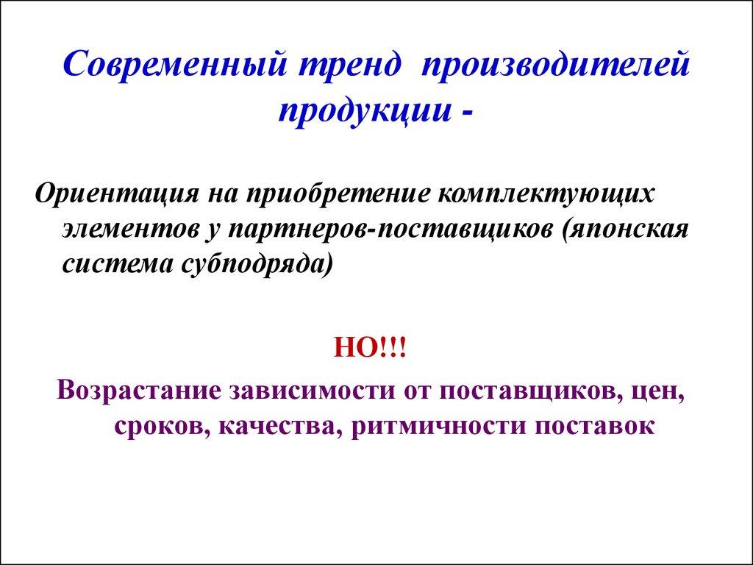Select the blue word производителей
click(x=556, y=68)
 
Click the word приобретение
click(x=338, y=196)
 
